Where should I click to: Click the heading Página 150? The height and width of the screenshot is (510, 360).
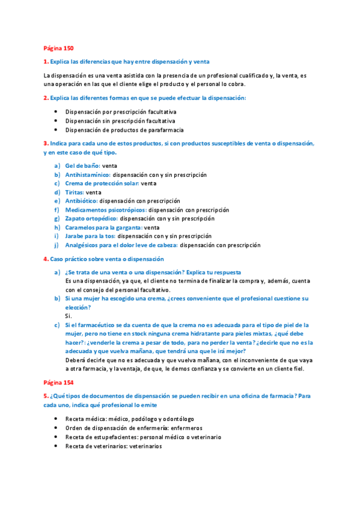(x=58, y=48)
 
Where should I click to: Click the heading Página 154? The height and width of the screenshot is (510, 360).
(x=58, y=382)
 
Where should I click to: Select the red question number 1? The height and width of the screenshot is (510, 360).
(x=46, y=61)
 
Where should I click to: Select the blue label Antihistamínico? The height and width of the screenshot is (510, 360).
(x=88, y=174)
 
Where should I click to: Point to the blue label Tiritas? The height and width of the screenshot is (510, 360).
(x=75, y=192)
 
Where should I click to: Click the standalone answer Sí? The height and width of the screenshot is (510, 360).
(x=68, y=316)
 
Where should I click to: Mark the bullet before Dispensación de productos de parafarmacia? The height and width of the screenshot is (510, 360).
(x=55, y=129)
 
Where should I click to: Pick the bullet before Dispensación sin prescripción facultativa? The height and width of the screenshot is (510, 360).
(x=55, y=120)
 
